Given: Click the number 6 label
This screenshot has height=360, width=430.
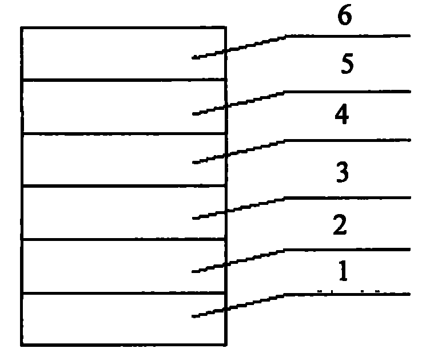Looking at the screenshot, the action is click(x=344, y=15).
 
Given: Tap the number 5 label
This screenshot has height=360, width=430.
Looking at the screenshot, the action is click(x=347, y=64).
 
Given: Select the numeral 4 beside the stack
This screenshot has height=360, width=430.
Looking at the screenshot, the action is click(x=342, y=114).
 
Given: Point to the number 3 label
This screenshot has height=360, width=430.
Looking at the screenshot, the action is click(x=343, y=172).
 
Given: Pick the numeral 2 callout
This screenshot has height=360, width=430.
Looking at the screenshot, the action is click(x=340, y=224).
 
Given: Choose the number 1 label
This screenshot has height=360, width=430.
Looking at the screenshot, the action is click(x=343, y=271).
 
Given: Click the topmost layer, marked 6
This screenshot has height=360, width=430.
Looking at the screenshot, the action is click(x=124, y=54).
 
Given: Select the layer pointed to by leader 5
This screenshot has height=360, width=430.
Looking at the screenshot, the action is click(x=124, y=107).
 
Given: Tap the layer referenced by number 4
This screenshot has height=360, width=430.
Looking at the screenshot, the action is click(x=124, y=160).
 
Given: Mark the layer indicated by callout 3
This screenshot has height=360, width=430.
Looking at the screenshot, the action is click(x=124, y=213).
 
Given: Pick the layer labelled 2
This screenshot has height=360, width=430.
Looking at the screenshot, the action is click(x=124, y=267).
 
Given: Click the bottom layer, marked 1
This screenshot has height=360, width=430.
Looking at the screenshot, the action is click(x=124, y=319).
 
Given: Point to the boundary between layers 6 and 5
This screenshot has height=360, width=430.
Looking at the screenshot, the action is click(x=124, y=80).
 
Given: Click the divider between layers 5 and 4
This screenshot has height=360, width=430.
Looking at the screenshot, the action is click(x=124, y=133).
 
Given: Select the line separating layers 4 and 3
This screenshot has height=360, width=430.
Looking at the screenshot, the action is click(x=124, y=187).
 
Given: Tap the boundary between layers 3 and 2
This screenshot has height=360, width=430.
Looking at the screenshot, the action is click(x=124, y=240).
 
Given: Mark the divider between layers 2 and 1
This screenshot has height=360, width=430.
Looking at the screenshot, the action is click(x=124, y=294).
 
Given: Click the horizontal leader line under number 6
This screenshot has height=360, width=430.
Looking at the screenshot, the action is click(x=348, y=35).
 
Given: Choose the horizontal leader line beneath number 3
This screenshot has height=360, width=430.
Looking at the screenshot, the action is click(x=347, y=197).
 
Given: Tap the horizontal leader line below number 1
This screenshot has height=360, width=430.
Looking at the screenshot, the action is click(x=347, y=294).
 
